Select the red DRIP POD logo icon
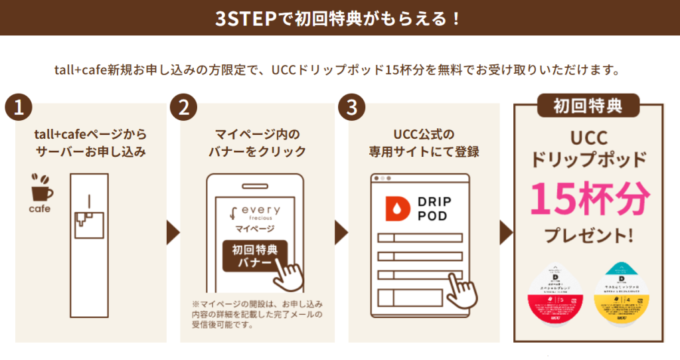point(397,209)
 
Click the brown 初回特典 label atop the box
point(588,105)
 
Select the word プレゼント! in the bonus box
point(588,235)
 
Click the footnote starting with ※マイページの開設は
point(255,315)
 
